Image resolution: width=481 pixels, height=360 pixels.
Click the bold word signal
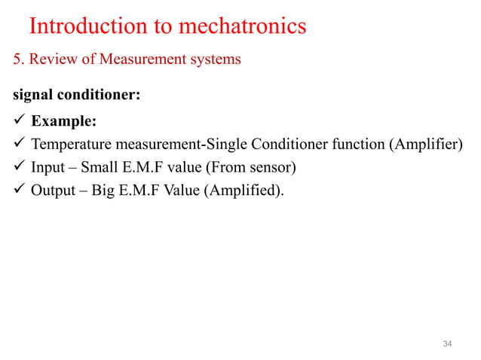click(x=31, y=96)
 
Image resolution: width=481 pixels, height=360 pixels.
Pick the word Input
click(x=47, y=167)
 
